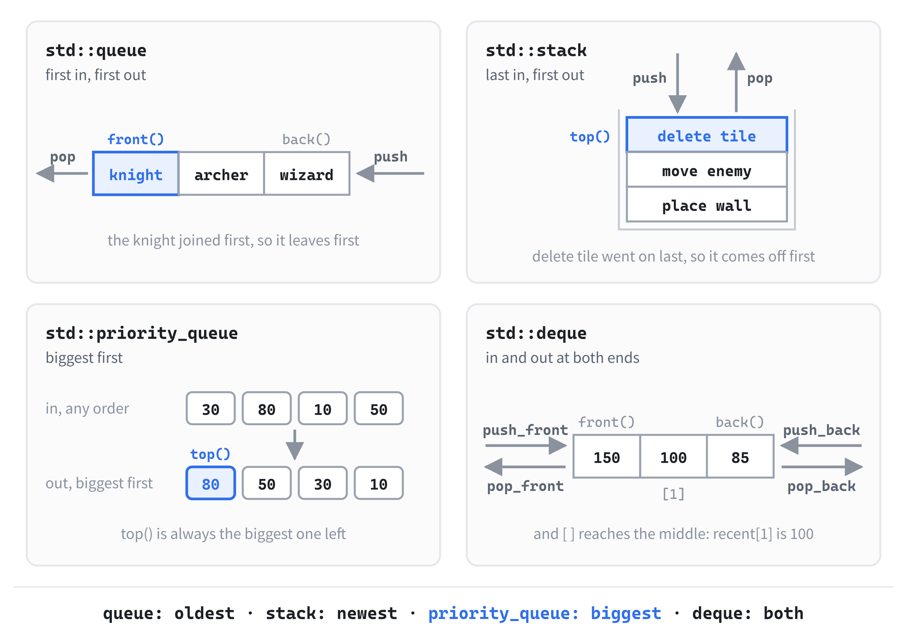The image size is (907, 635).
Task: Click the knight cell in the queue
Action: (x=136, y=173)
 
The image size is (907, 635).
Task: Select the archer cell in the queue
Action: (x=221, y=173)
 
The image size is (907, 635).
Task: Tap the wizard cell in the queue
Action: (x=306, y=173)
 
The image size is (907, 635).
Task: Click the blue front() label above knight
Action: (x=136, y=139)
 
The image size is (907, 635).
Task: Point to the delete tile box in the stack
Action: (x=707, y=135)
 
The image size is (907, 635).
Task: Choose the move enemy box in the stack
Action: (x=707, y=170)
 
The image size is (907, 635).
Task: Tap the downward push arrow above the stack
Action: (x=678, y=84)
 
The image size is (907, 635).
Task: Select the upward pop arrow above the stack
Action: (x=736, y=82)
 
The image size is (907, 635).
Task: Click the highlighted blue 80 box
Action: (x=210, y=483)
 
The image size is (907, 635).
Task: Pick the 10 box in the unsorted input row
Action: (x=323, y=408)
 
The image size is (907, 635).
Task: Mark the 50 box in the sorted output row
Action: (x=267, y=483)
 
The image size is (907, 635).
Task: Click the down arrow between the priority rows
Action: (x=295, y=445)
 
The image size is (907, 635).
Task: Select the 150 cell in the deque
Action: (x=607, y=456)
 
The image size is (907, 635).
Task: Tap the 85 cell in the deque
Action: (x=740, y=456)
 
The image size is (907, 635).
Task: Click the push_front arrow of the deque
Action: (x=526, y=446)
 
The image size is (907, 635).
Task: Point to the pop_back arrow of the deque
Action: (x=822, y=467)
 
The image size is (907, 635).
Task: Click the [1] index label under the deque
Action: (x=673, y=494)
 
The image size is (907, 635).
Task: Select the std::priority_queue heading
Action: (x=142, y=333)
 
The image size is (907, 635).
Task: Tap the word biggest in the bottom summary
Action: (x=626, y=613)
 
